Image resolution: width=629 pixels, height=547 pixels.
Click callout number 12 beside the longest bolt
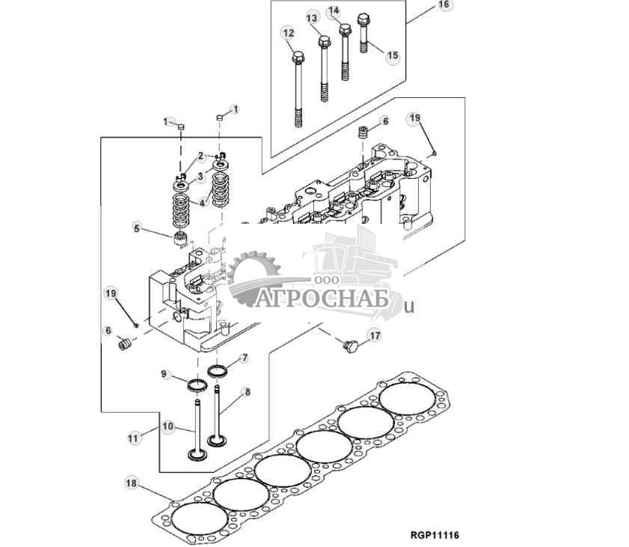(x=288, y=32)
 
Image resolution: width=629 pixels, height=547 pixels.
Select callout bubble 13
(x=312, y=17)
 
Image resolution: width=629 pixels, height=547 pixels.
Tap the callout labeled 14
(x=334, y=10)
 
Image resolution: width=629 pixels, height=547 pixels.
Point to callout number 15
(x=392, y=56)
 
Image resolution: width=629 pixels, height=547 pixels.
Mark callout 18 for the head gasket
(x=132, y=484)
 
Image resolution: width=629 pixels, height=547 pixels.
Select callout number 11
(x=134, y=438)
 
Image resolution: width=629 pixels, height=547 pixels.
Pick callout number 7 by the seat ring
(x=244, y=358)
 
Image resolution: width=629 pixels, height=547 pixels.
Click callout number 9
(x=165, y=373)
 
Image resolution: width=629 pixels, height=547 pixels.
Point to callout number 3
(x=200, y=176)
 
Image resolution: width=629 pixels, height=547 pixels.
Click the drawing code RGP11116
(x=434, y=536)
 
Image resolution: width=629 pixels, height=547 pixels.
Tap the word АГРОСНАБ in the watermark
(x=322, y=300)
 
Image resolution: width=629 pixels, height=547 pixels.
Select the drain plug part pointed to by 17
(x=349, y=346)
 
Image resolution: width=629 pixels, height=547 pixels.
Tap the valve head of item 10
(x=197, y=453)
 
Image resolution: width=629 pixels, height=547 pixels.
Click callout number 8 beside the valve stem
(x=247, y=391)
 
